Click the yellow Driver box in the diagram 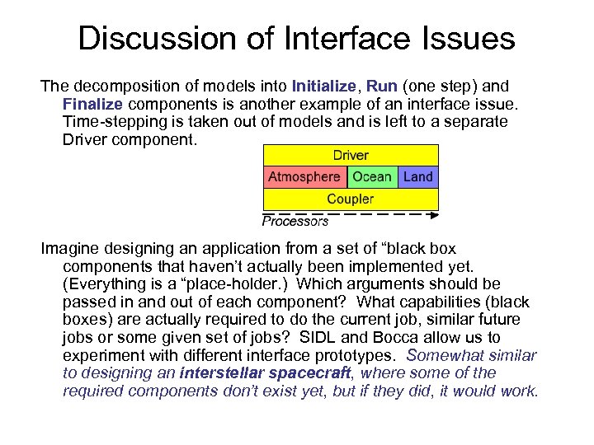[351, 155]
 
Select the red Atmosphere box [304, 176]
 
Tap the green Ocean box [372, 176]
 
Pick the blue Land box [418, 176]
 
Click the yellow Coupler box [351, 199]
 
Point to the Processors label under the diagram [295, 221]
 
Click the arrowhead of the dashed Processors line [434, 214]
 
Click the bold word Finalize [92, 104]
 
